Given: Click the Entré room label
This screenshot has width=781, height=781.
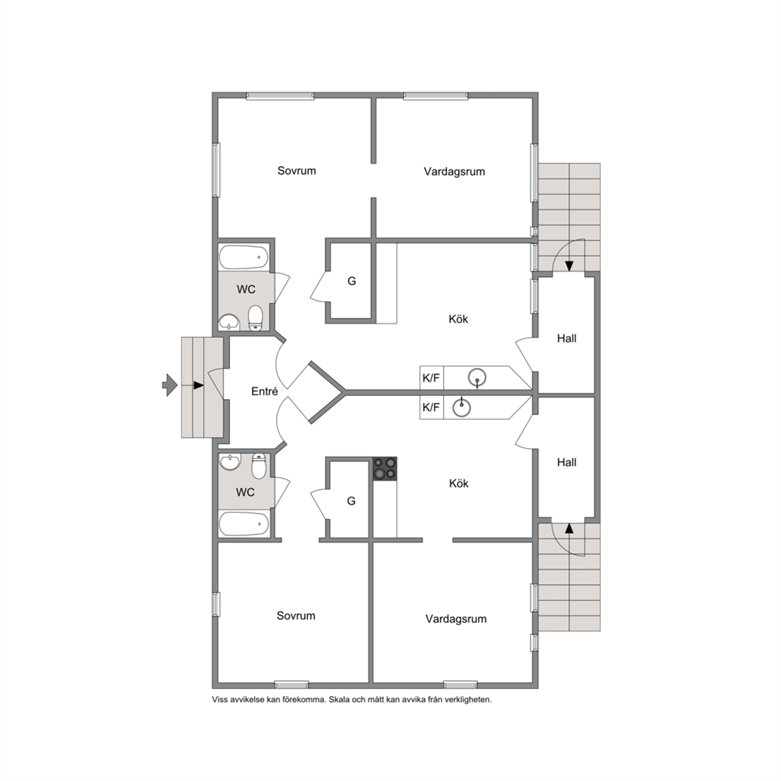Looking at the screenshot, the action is [265, 391].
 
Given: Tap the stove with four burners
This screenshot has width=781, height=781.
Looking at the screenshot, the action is [385, 468].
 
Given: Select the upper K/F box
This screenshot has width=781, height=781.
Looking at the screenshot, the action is [431, 378].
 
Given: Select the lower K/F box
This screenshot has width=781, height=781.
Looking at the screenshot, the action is [431, 408].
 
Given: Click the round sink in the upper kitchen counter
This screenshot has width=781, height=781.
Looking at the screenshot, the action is [477, 378].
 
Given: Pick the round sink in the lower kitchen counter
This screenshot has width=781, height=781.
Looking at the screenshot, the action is [461, 408].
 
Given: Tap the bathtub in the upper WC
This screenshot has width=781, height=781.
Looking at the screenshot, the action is [243, 257].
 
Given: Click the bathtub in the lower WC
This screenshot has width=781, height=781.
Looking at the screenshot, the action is [243, 524].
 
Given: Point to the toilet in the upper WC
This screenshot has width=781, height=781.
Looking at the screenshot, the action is [256, 317].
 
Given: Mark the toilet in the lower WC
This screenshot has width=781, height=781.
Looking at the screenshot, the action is [259, 466].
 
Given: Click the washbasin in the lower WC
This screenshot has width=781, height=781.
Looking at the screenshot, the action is [230, 461].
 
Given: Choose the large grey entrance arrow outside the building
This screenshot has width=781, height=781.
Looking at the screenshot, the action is [170, 385].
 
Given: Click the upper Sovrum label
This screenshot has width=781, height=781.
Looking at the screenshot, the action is [297, 171].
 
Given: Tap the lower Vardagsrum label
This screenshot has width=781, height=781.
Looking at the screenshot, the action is [456, 619].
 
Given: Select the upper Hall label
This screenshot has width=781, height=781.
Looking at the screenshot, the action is [567, 339].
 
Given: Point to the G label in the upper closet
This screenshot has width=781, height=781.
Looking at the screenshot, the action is [352, 281].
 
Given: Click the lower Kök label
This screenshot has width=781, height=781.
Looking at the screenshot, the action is [459, 483].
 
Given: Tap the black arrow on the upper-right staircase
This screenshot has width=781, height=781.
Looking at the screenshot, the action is [568, 266].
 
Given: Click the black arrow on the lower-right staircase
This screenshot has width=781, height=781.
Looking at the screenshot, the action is [568, 528].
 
